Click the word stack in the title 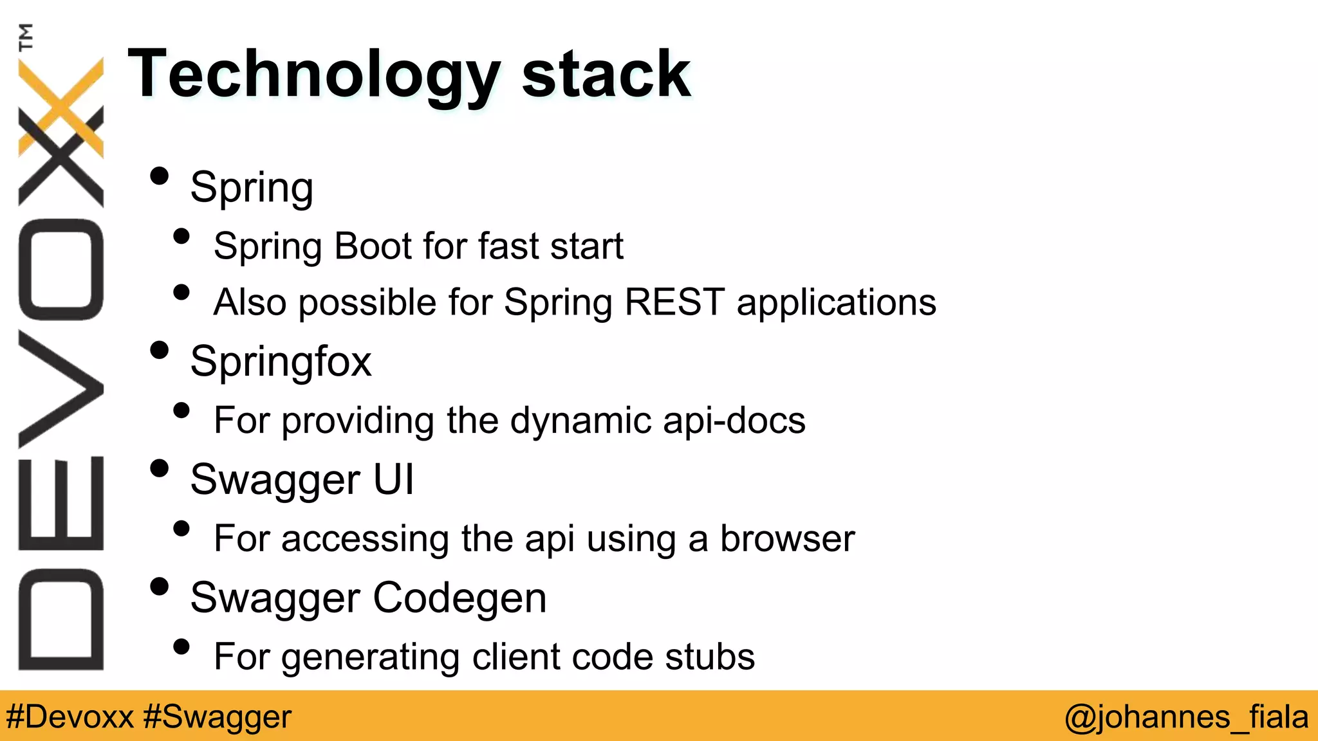point(606,76)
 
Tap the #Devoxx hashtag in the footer point(70,717)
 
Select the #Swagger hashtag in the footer point(218,717)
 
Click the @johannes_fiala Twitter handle point(1186,717)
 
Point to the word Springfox point(281,362)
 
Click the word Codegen point(459,598)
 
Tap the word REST point(674,302)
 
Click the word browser point(787,538)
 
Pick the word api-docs point(734,421)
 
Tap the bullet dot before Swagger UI point(159,468)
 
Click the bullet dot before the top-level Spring point(159,176)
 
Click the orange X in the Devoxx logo point(61,106)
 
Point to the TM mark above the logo point(26,37)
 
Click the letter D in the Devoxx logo point(61,619)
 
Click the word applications point(836,303)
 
